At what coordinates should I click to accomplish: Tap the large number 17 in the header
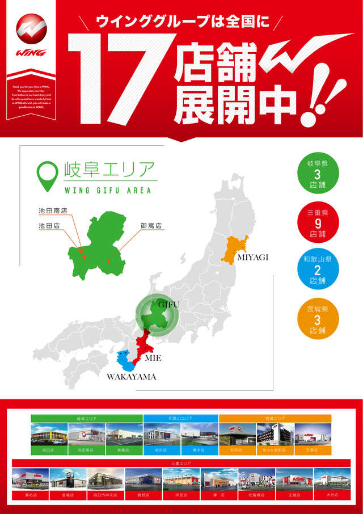[x=122, y=79]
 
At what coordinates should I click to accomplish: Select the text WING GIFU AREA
[x=108, y=191]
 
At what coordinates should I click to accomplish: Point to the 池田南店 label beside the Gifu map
[x=52, y=210]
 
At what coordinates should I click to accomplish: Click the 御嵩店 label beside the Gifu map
[x=151, y=226]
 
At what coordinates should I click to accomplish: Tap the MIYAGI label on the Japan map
[x=252, y=258]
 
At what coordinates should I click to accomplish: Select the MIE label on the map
[x=153, y=359]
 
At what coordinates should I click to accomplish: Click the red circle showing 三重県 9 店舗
[x=318, y=223]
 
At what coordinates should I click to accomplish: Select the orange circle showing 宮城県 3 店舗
[x=318, y=319]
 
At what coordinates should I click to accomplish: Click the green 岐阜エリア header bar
[x=87, y=419]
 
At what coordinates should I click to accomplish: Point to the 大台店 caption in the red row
[x=332, y=495]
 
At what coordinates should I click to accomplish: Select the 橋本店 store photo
[x=200, y=434]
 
